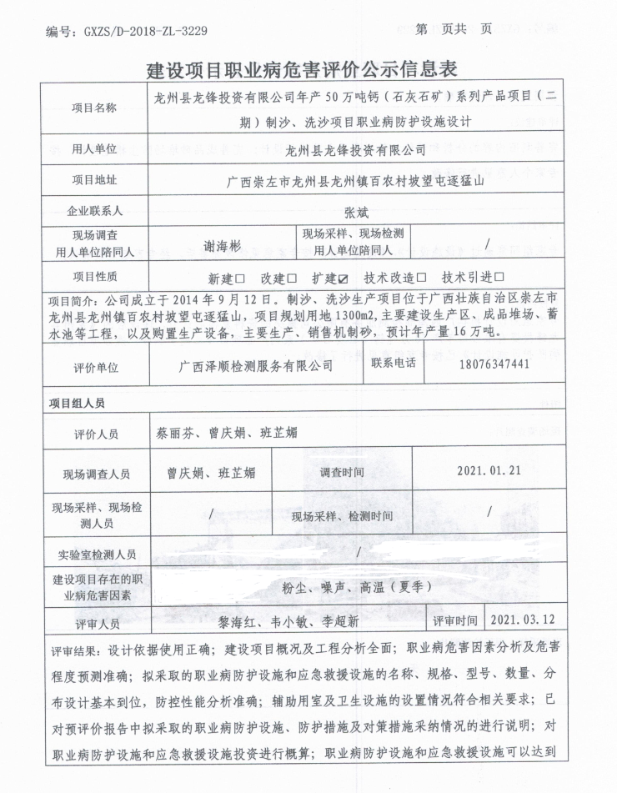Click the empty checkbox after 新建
tap(240, 278)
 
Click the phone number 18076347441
tap(494, 365)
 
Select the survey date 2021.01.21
tap(489, 470)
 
